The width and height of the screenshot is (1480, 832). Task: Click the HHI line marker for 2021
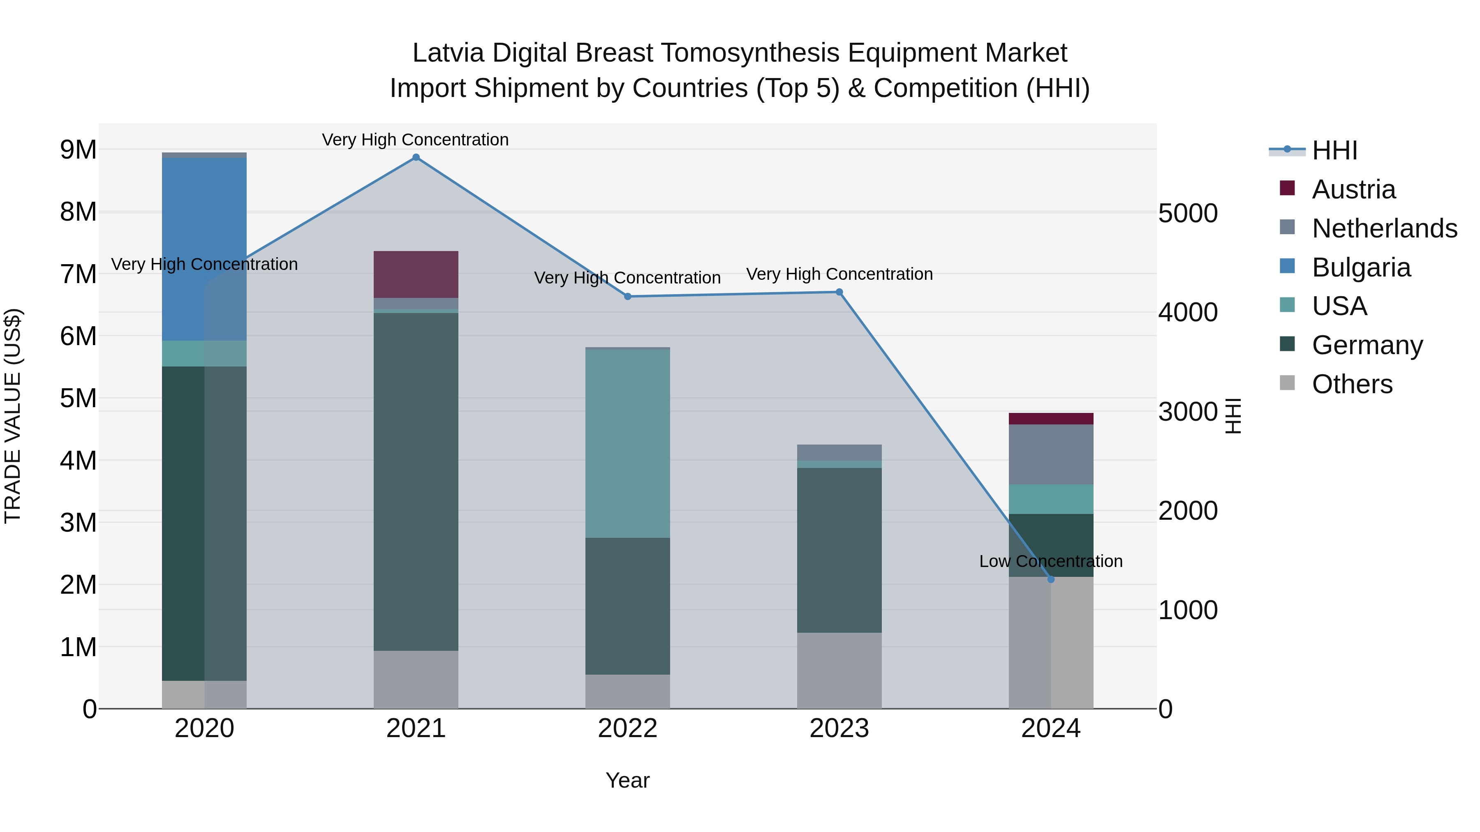tap(416, 157)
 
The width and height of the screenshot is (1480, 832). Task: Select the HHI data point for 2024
tap(1051, 579)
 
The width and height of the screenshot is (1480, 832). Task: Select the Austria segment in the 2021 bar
tap(416, 274)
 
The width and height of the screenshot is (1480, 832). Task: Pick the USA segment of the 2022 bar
tap(627, 443)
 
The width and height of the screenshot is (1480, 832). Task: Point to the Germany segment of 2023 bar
tap(839, 550)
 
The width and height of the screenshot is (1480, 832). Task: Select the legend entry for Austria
tap(1353, 189)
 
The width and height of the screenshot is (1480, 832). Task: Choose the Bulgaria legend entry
tap(1360, 267)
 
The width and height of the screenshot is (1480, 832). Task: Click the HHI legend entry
tap(1334, 150)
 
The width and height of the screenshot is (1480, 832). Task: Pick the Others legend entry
tap(1352, 384)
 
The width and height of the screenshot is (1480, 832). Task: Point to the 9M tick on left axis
tap(78, 150)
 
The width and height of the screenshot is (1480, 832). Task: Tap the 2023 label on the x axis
tap(839, 728)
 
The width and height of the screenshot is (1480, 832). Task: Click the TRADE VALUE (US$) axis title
tap(13, 416)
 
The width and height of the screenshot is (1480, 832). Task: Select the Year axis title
tap(627, 780)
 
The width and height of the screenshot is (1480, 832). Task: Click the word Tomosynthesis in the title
tap(750, 53)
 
